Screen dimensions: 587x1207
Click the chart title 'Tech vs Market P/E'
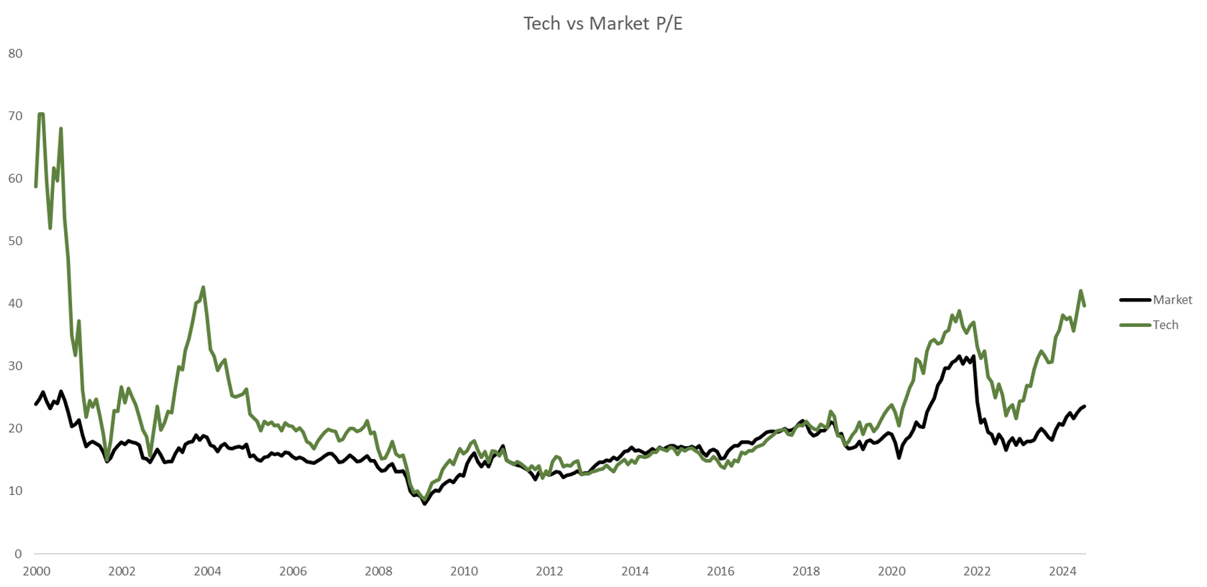pyautogui.click(x=603, y=24)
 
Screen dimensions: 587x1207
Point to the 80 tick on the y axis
pyautogui.click(x=15, y=53)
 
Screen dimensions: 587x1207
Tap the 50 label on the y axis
pyautogui.click(x=15, y=241)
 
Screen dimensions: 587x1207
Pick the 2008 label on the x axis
pyautogui.click(x=379, y=572)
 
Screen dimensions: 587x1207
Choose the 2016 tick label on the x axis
pyautogui.click(x=720, y=572)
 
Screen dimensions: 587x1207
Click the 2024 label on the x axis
pyautogui.click(x=1062, y=572)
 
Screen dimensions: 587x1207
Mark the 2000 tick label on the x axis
pyautogui.click(x=36, y=572)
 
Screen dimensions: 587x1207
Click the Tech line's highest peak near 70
pyautogui.click(x=41, y=114)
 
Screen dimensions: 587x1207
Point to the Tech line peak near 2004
pyautogui.click(x=203, y=287)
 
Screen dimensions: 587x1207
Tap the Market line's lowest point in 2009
pyautogui.click(x=425, y=504)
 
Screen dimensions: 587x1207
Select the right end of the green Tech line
pyautogui.click(x=1084, y=306)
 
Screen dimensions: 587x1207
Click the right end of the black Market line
pyautogui.click(x=1084, y=406)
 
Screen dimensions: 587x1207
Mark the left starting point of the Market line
pyautogui.click(x=36, y=404)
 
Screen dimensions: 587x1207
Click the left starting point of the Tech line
pyautogui.click(x=36, y=186)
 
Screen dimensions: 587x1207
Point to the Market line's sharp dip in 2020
pyautogui.click(x=899, y=458)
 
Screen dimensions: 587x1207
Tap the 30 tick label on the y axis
pyautogui.click(x=15, y=366)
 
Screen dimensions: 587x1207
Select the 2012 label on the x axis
pyautogui.click(x=549, y=572)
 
